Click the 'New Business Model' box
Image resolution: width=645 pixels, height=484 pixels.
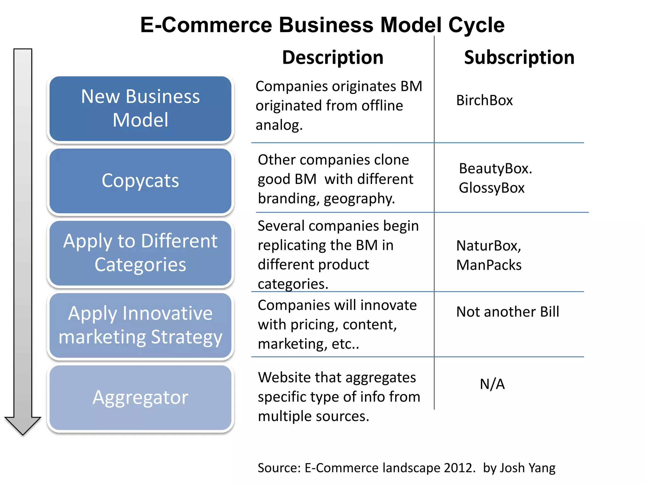click(140, 108)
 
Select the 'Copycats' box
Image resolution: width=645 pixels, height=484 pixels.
click(140, 181)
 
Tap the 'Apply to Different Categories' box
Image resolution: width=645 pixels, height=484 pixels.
click(140, 253)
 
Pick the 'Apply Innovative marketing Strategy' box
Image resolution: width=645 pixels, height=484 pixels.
click(140, 325)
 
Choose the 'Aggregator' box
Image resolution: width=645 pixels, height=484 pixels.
click(140, 397)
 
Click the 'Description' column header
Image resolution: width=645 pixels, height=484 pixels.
click(333, 57)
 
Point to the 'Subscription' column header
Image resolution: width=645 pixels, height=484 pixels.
click(519, 57)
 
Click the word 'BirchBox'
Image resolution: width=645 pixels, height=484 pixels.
click(484, 101)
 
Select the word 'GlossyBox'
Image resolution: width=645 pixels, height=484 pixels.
click(492, 188)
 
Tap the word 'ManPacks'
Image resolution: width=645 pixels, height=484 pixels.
click(489, 265)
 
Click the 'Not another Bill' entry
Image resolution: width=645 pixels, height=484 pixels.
click(508, 312)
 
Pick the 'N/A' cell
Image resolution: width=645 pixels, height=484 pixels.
click(492, 384)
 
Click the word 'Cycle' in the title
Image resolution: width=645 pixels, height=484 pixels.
click(476, 25)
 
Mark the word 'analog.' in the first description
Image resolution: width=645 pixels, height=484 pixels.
click(279, 125)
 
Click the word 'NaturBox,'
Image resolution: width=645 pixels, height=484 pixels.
click(489, 246)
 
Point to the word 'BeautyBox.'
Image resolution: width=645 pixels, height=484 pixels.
click(495, 169)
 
